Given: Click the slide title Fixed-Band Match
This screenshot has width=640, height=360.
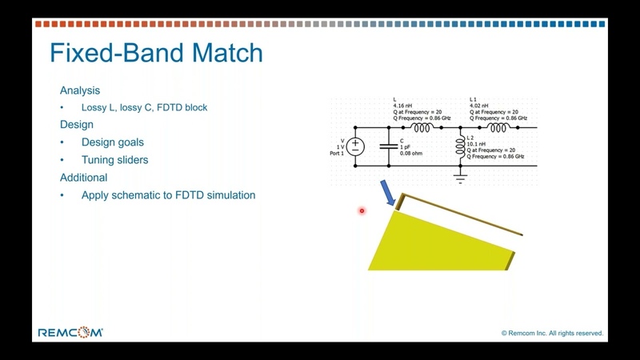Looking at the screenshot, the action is [156, 53].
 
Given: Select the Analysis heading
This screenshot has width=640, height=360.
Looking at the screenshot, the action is [80, 90].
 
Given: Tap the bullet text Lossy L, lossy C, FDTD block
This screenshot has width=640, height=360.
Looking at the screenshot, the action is [145, 107].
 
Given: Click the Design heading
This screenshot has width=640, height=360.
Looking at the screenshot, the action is [77, 125].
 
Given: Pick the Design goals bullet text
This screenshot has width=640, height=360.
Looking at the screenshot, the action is [113, 142].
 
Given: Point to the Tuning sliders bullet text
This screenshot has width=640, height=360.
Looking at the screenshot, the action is [114, 159].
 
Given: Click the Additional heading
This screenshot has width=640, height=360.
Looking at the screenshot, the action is [84, 178].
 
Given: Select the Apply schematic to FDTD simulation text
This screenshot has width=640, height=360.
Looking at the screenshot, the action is [168, 195].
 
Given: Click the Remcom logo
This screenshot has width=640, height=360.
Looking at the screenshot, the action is [70, 332].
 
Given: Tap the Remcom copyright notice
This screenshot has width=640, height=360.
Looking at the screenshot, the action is [552, 333].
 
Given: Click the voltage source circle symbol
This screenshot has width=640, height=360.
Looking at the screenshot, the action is [355, 146].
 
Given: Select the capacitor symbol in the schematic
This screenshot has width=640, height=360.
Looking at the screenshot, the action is [389, 146].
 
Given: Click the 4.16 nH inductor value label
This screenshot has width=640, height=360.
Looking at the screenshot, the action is [402, 106].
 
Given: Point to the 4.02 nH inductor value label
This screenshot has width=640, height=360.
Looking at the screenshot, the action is [478, 106].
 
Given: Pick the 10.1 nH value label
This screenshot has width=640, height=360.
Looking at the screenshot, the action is [476, 144].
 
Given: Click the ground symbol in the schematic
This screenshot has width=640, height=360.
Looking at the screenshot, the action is [461, 178].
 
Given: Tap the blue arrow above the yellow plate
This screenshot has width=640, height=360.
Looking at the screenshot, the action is [388, 193].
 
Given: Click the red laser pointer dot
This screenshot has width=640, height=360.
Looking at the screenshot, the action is [362, 210].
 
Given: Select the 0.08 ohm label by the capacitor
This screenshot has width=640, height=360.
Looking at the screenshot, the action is [411, 154].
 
